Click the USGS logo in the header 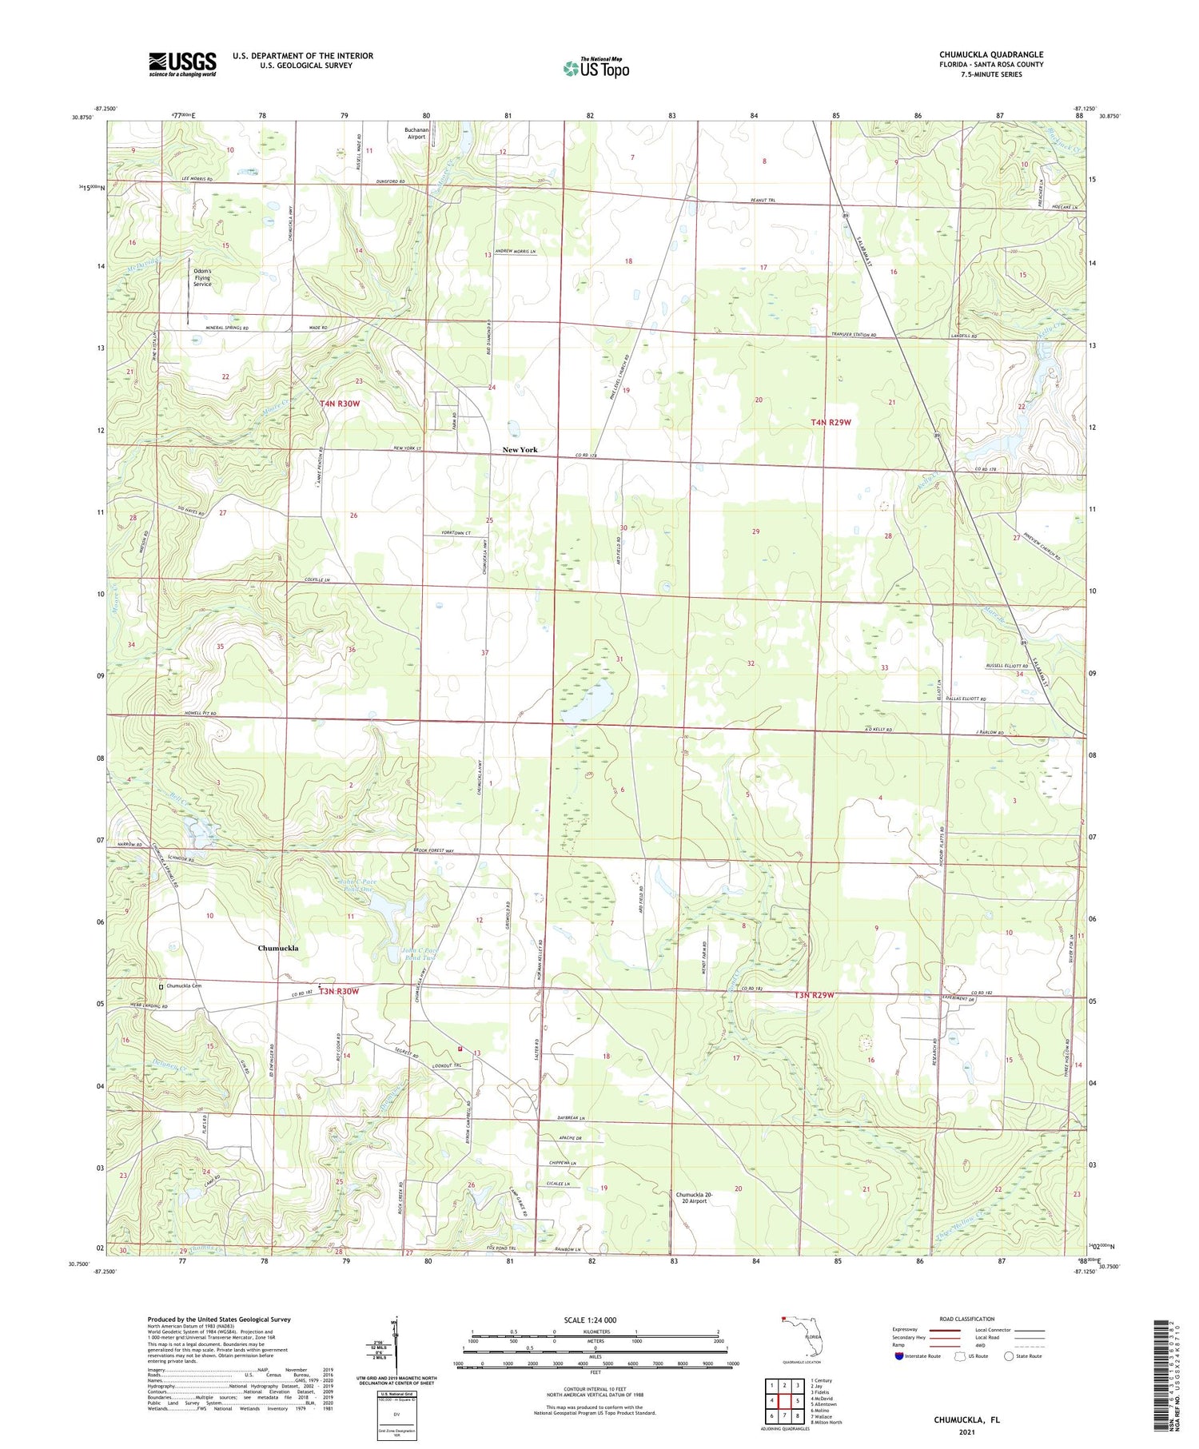pyautogui.click(x=181, y=64)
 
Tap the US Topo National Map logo pyautogui.click(x=596, y=68)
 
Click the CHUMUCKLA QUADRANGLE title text pyautogui.click(x=990, y=54)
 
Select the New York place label pyautogui.click(x=520, y=450)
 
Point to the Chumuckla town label pyautogui.click(x=278, y=948)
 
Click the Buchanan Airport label pyautogui.click(x=416, y=132)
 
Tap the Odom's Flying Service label pyautogui.click(x=202, y=277)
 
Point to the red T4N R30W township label pyautogui.click(x=340, y=404)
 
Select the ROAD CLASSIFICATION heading pyautogui.click(x=967, y=1320)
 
